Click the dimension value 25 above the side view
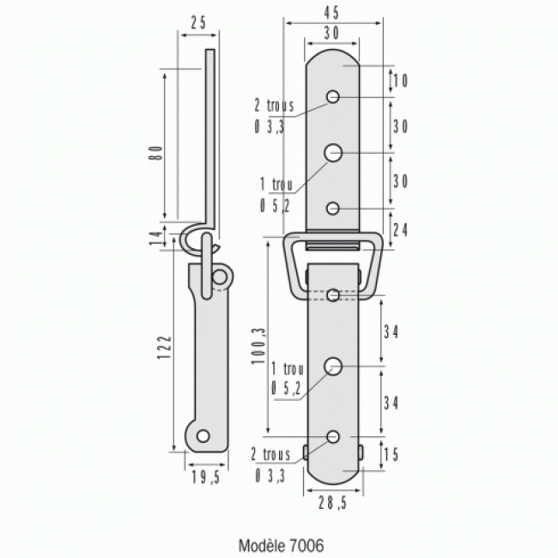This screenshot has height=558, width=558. [197, 23]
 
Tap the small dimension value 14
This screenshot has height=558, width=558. [155, 240]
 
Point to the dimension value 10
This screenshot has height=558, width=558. [399, 81]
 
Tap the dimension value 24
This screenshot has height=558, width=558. [399, 229]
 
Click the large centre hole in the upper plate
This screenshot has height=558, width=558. [334, 153]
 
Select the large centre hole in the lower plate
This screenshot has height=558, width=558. [334, 367]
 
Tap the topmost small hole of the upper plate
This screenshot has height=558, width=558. [334, 96]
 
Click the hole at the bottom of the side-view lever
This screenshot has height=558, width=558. [202, 436]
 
